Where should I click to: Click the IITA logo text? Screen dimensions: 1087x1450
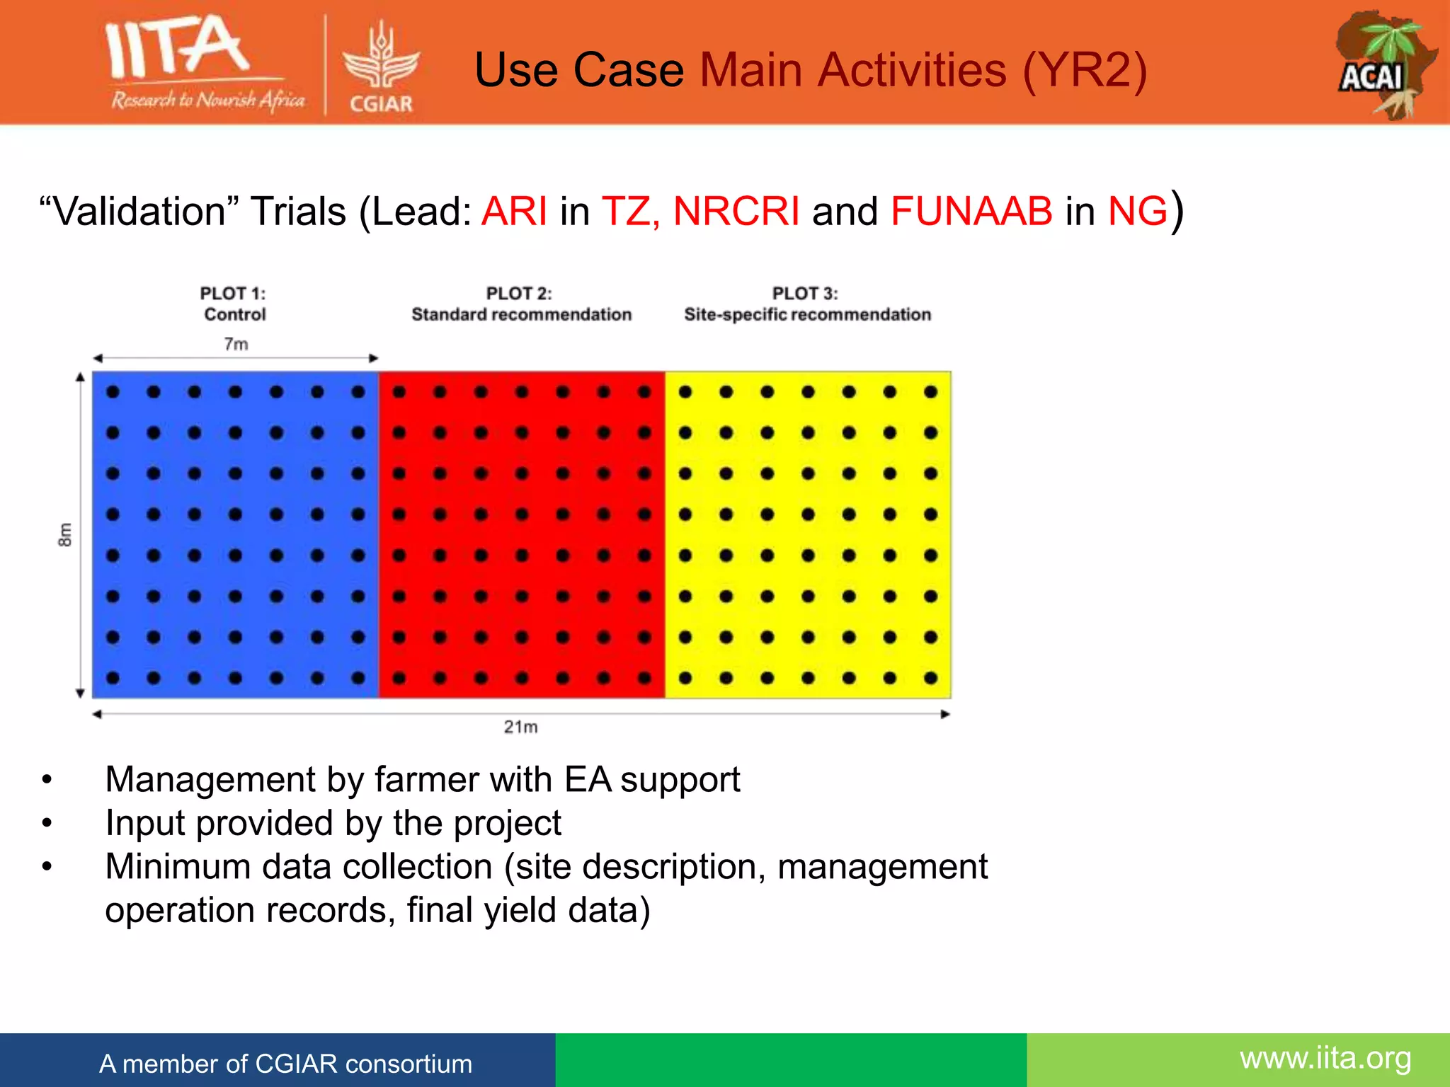[177, 48]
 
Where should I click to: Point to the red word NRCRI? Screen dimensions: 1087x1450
[736, 211]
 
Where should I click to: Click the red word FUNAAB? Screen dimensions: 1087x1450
[971, 211]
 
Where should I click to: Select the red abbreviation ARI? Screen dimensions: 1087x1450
[514, 211]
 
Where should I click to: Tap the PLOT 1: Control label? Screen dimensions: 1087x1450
[234, 304]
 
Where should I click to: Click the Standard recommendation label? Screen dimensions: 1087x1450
[521, 315]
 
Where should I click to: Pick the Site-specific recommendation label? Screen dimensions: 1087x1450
[807, 315]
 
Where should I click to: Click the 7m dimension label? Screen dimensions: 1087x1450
[236, 345]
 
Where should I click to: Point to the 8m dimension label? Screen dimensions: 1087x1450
[64, 535]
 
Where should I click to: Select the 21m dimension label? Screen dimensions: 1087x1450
[520, 727]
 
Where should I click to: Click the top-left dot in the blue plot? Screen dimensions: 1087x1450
[113, 392]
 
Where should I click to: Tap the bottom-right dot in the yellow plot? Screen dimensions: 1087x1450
[930, 678]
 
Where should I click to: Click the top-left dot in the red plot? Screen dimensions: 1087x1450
[399, 392]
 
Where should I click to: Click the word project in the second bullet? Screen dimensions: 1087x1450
[507, 824]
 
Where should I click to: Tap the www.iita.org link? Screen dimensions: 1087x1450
[1325, 1059]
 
